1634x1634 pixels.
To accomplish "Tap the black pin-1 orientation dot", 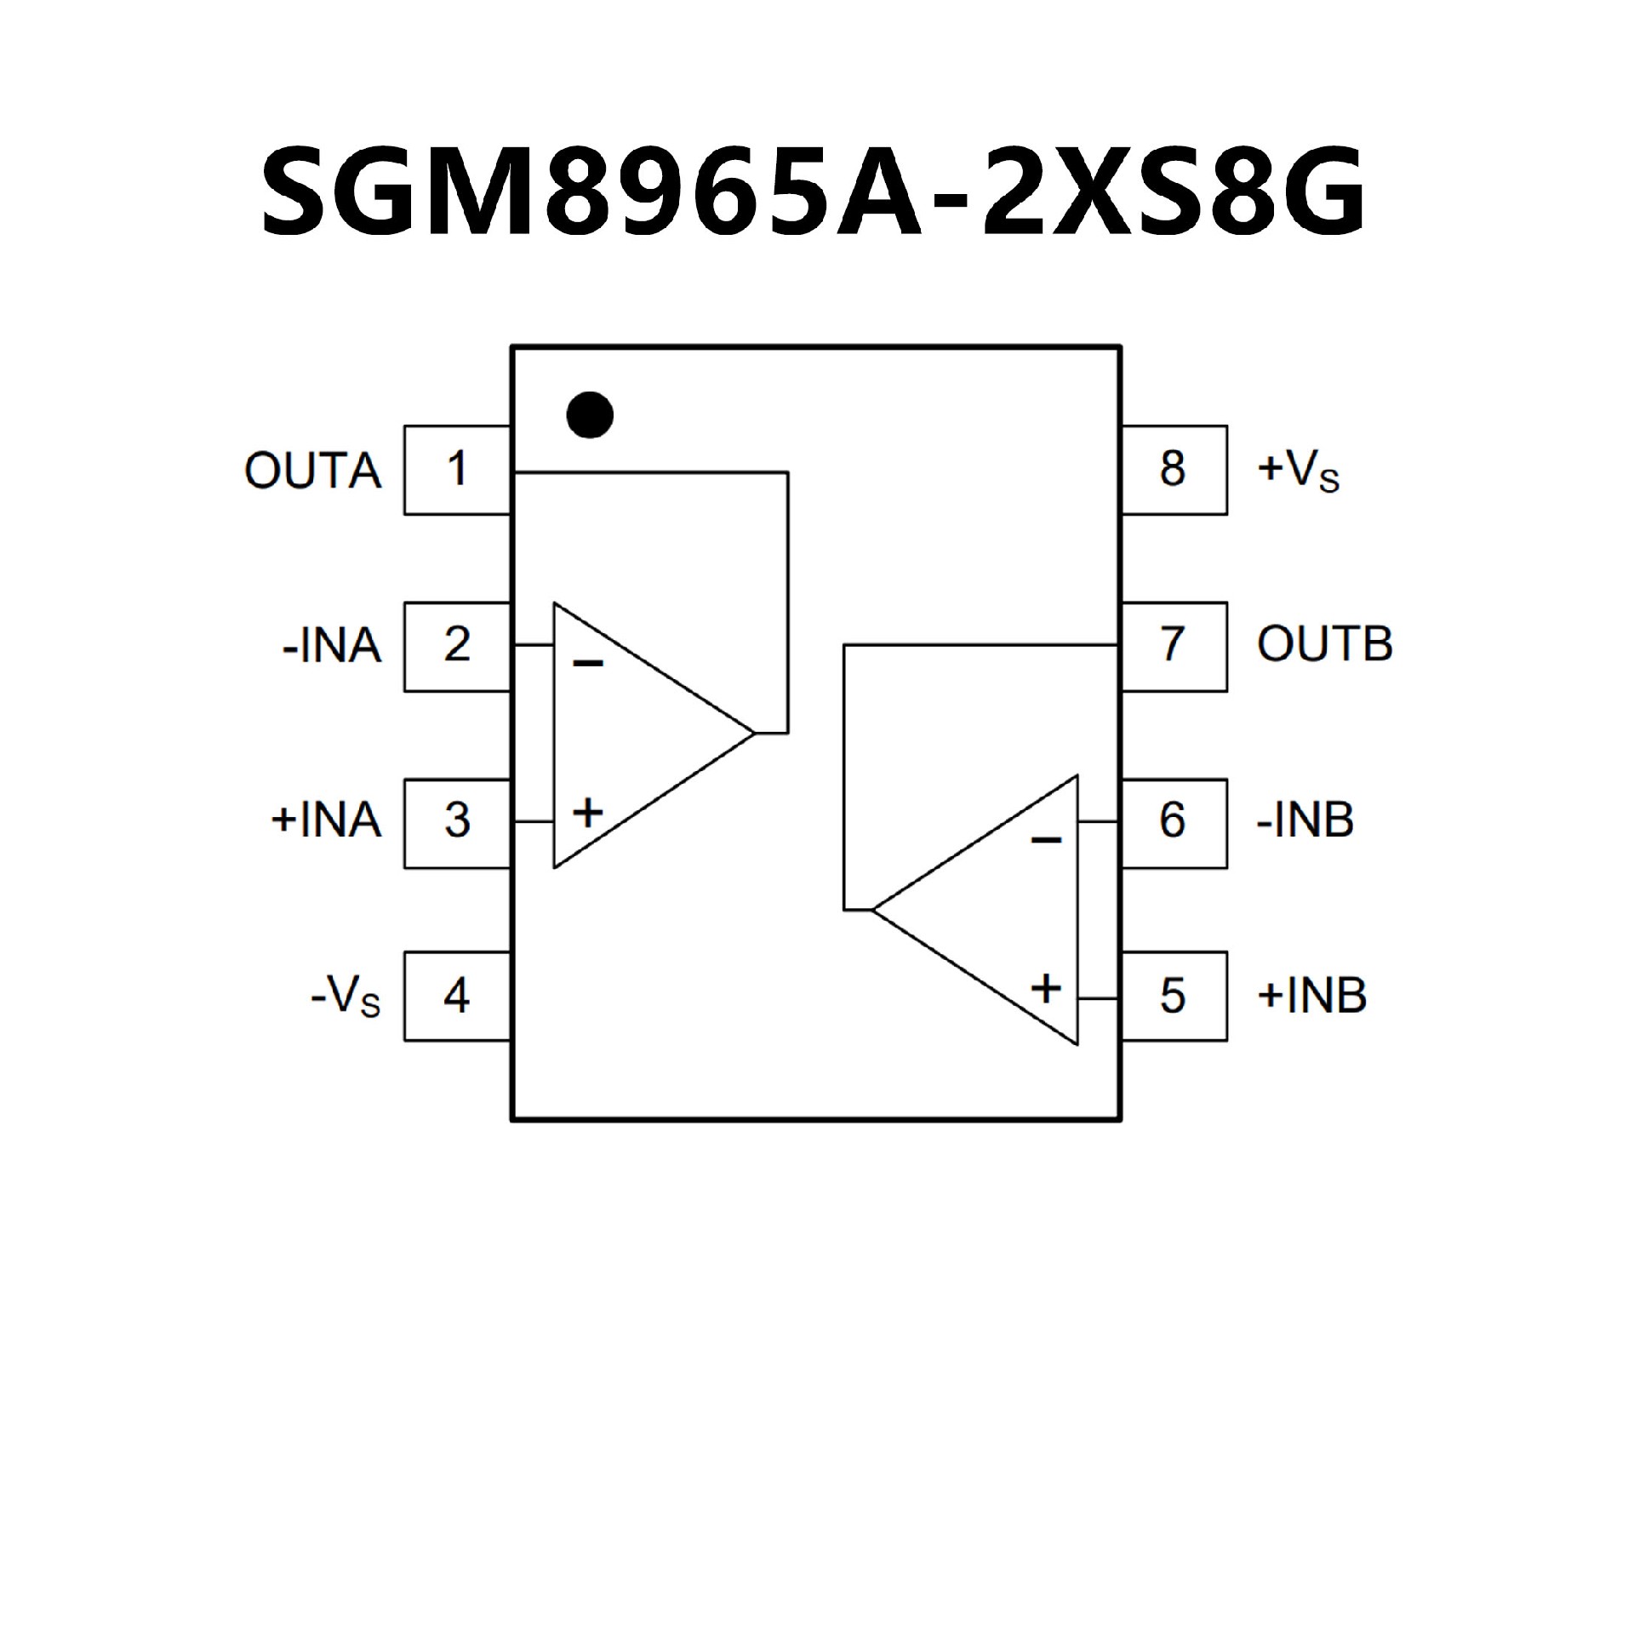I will [x=590, y=415].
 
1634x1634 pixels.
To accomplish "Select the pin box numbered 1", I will [x=457, y=470].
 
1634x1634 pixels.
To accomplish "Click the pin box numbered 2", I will [x=457, y=646].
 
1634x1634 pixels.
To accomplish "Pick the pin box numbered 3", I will [x=457, y=822].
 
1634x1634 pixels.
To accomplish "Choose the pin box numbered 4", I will [x=457, y=995].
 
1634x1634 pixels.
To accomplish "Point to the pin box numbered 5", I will [x=1173, y=995].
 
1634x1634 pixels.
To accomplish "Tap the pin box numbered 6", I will [x=1173, y=822].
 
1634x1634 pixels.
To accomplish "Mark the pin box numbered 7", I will [x=1173, y=646].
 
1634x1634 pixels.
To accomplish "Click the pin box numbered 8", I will [x=1173, y=470].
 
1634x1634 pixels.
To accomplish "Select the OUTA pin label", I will [x=312, y=471].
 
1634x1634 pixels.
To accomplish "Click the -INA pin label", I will [x=332, y=647].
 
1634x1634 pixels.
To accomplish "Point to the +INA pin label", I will [x=326, y=822].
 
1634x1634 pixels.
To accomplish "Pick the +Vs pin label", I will [x=1298, y=471].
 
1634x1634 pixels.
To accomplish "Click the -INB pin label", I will [x=1305, y=822].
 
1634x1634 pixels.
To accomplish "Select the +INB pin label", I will [x=1311, y=996].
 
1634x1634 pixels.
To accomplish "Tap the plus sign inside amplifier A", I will [x=587, y=813].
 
